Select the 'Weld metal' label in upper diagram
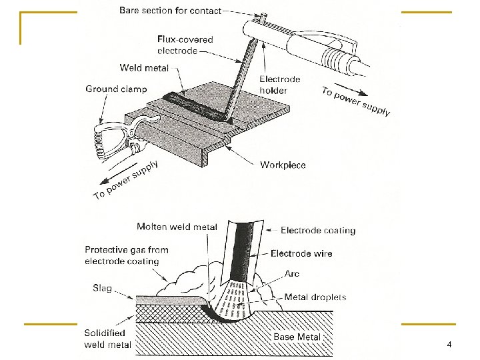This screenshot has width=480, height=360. [x=144, y=67]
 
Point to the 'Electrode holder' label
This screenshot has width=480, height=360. [x=280, y=84]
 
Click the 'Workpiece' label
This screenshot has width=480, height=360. [x=283, y=165]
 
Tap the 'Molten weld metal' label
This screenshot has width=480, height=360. [x=177, y=227]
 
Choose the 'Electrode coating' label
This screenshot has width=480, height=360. [x=318, y=231]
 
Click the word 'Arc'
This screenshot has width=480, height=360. [x=292, y=273]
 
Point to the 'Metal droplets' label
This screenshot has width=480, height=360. [x=315, y=297]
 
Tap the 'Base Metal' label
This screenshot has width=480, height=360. [x=297, y=337]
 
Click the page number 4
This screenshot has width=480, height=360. [x=449, y=345]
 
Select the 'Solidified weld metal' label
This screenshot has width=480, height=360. [x=108, y=339]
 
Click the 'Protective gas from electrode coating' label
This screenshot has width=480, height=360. [x=126, y=255]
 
